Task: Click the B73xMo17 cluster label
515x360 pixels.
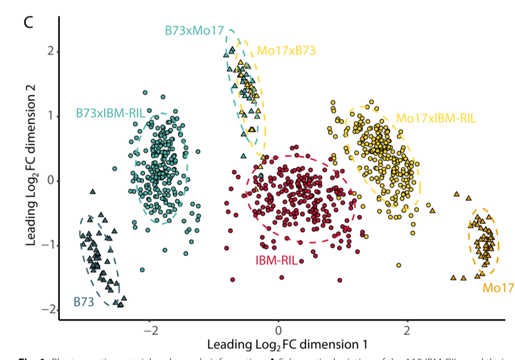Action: [194, 30]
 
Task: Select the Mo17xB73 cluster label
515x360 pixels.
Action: [286, 50]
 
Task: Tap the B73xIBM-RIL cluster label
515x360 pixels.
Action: [110, 112]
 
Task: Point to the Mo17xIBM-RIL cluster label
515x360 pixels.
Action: [436, 119]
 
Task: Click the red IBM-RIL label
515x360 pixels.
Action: [276, 261]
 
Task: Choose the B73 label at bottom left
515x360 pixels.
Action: [84, 302]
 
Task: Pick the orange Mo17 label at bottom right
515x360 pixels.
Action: [495, 288]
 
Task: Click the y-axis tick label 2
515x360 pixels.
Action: [49, 52]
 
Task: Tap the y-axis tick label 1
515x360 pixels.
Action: [49, 116]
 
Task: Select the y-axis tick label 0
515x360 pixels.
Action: [49, 181]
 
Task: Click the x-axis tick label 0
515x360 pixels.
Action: [278, 330]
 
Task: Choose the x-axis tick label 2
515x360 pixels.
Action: [407, 330]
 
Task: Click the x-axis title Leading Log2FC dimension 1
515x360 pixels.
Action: [286, 345]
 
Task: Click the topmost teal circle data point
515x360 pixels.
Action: [145, 93]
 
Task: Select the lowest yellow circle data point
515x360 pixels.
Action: [399, 265]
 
